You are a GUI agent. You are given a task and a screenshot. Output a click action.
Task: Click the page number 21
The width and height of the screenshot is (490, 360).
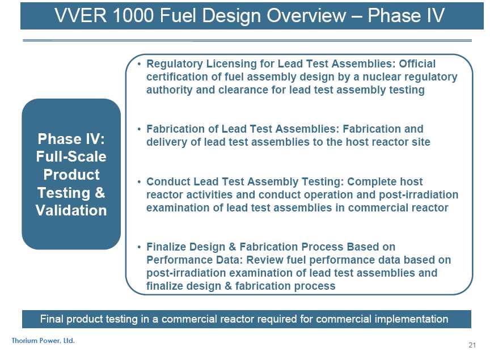click(472, 345)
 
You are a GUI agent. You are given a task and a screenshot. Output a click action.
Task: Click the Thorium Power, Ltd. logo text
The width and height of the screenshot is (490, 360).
click(43, 341)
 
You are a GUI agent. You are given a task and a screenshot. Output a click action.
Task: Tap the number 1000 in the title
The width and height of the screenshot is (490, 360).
click(133, 15)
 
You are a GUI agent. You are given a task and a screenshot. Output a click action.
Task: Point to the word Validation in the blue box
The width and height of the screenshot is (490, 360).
click(71, 210)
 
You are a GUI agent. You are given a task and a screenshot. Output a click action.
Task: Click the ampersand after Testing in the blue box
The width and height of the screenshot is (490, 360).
click(100, 193)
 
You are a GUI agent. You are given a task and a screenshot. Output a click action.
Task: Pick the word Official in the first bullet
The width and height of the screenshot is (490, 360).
click(417, 63)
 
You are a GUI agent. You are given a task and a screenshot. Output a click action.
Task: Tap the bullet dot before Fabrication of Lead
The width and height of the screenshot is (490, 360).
click(139, 129)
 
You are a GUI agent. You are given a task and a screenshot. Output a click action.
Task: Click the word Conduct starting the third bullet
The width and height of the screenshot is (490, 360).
click(168, 181)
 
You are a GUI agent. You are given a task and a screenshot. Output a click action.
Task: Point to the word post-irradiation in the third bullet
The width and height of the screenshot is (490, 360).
click(419, 194)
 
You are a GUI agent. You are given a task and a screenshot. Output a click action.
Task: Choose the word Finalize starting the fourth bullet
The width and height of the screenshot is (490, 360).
click(166, 247)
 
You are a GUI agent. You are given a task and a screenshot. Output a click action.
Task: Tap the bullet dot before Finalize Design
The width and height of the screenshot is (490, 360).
click(139, 247)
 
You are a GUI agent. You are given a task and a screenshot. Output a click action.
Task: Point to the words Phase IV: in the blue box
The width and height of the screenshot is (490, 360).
click(71, 139)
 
